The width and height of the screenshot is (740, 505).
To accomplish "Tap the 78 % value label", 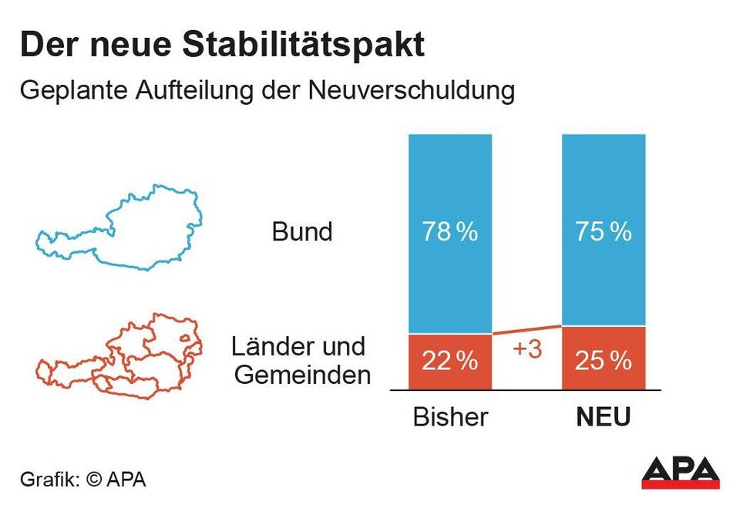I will coord(449,232).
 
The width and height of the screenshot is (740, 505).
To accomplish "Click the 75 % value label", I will coord(603,232).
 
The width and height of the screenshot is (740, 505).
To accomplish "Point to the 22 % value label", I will coord(449,361).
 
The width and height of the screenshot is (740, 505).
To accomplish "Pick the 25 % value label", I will coord(603,360).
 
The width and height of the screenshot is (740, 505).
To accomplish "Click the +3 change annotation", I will coord(527,349).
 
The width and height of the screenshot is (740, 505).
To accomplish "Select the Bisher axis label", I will coord(450,417).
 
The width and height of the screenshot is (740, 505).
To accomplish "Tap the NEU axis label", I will coord(603,418).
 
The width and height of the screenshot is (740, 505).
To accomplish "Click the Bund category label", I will coord(302,232).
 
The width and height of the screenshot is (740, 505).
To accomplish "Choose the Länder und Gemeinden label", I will coord(301,361).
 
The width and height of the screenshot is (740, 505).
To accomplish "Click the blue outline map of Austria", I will coord(120,228).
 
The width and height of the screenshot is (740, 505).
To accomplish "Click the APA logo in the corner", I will coord(680,472).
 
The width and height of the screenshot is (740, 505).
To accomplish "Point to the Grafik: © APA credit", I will coord(82,479).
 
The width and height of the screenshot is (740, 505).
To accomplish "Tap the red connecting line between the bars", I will coord(527,329).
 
